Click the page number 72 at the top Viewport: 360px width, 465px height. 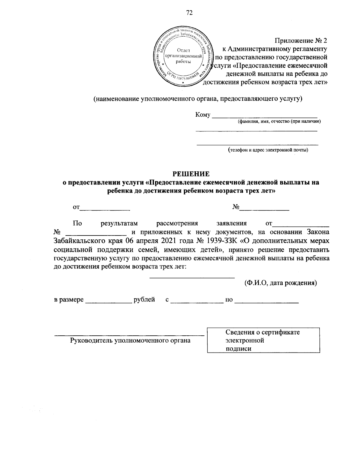tap(189, 12)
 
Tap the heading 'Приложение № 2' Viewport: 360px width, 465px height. tap(301, 40)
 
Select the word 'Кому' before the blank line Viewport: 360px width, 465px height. tap(203, 115)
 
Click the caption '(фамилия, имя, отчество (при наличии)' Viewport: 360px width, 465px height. tap(279, 121)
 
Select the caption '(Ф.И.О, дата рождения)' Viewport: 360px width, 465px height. tap(280, 283)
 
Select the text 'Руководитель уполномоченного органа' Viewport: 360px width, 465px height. tap(130, 340)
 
